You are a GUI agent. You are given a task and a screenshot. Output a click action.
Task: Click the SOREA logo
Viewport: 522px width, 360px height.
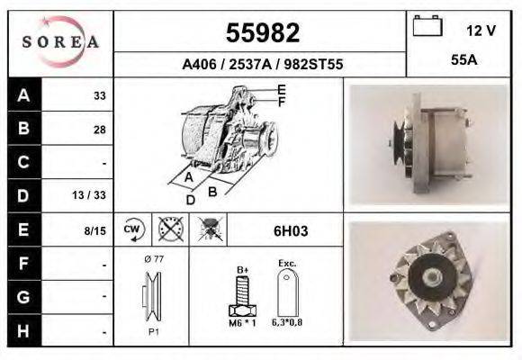click(x=60, y=41)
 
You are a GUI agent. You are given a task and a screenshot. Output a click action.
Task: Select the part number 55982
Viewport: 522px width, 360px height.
click(x=261, y=34)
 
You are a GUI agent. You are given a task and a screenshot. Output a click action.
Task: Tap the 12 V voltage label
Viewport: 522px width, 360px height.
click(x=481, y=30)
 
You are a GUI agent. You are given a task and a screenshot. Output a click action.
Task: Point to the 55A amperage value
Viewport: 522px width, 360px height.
click(x=463, y=59)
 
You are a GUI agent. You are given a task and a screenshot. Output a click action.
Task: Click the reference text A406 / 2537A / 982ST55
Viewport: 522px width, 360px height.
click(x=261, y=65)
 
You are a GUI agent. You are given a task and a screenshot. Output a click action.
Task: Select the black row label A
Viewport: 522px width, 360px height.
click(x=22, y=94)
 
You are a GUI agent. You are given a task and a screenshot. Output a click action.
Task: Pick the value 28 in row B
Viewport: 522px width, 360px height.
click(x=99, y=129)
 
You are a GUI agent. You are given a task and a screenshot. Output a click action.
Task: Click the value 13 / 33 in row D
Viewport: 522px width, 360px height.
click(x=94, y=195)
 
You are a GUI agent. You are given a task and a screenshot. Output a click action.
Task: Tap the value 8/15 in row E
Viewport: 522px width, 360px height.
click(x=94, y=230)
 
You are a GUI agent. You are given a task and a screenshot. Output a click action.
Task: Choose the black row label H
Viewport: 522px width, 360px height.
click(x=22, y=330)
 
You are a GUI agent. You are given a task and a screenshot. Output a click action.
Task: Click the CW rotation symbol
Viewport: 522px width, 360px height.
click(x=132, y=229)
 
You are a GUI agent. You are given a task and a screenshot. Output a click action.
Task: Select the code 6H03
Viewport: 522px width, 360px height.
click(x=291, y=230)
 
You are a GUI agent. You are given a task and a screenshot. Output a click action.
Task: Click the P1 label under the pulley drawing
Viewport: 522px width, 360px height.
click(x=153, y=332)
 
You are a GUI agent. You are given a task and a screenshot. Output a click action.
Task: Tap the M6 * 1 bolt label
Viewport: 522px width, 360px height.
click(x=242, y=322)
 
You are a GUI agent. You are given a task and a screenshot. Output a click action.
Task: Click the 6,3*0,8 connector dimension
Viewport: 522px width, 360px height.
click(x=289, y=322)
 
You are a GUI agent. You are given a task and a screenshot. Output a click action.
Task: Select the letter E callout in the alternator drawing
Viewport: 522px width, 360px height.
click(x=281, y=88)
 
